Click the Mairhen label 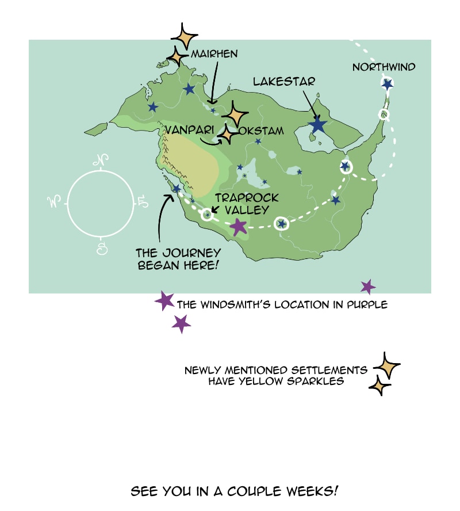coord(214,54)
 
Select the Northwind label coord(384,67)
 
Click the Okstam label coord(261,131)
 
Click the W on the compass coord(55,202)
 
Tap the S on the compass coord(102,248)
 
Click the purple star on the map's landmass coord(239,227)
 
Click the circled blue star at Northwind coord(387,84)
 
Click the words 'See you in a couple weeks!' coord(234,491)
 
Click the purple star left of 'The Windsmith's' coord(165,300)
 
